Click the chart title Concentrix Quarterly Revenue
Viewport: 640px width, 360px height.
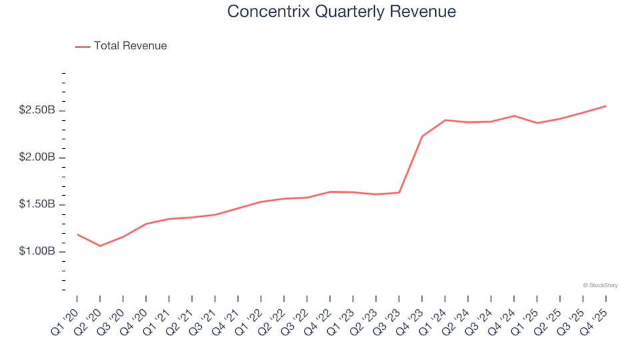coord(341,11)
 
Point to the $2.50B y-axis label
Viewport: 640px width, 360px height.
coord(37,111)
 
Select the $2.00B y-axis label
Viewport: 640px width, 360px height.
coord(37,158)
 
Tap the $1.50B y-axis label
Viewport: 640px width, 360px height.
coord(37,205)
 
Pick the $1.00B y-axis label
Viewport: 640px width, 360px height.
coord(37,252)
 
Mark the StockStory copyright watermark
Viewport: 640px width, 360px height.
coord(600,285)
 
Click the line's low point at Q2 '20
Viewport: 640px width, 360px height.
coord(100,246)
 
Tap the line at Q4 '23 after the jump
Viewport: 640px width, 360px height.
coord(422,136)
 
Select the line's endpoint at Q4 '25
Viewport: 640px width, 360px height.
coord(605,106)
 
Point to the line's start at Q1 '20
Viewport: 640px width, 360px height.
coord(77,235)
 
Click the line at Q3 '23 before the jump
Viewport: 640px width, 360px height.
coord(399,193)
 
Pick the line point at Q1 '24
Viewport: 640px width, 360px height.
coord(445,120)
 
